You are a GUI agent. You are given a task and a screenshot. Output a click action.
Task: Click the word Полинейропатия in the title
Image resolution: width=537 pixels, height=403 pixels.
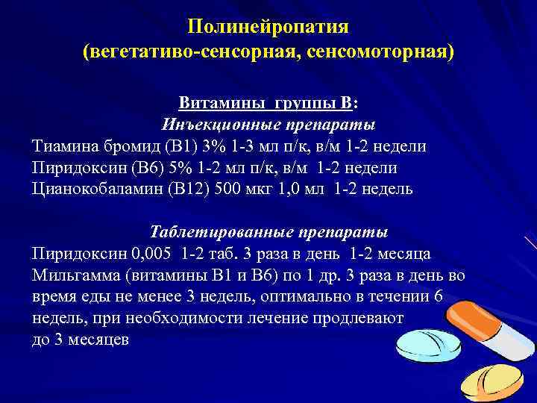(x=268, y=27)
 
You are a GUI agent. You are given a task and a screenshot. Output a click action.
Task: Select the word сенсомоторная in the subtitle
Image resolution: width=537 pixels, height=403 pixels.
(x=380, y=52)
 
